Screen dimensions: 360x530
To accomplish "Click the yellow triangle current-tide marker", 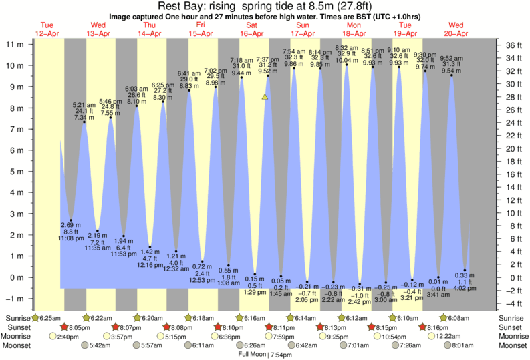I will click(265, 97).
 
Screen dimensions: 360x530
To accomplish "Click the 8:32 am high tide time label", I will click(346, 48).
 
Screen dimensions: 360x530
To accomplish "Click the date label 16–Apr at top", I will click(251, 33).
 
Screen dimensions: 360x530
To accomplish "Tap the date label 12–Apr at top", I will click(47, 33).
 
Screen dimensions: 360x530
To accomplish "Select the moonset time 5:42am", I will click(98, 345).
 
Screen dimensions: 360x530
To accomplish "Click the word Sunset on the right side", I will click(512, 327).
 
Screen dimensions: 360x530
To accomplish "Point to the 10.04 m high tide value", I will click(347, 61).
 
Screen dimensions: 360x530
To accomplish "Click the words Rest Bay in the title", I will click(179, 6).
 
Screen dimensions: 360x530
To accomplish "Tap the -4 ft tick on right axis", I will click(510, 303).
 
